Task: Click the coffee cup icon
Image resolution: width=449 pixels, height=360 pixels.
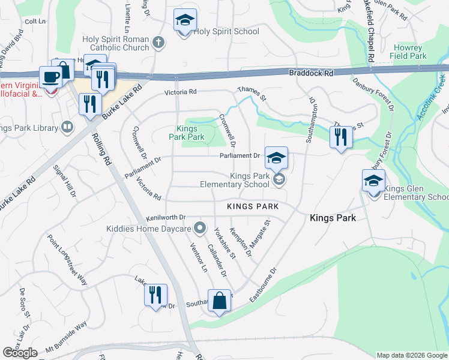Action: (x=50, y=77)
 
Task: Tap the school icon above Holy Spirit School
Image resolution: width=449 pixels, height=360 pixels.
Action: (x=185, y=20)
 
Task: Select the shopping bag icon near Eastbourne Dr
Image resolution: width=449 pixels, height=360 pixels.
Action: (x=219, y=301)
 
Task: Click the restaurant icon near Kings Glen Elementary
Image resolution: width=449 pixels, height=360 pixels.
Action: (x=341, y=137)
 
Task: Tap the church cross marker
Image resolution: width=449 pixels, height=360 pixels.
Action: (x=158, y=42)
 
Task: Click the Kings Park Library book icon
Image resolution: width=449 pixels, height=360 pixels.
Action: (x=67, y=127)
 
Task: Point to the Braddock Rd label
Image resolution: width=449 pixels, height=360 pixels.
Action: (x=310, y=72)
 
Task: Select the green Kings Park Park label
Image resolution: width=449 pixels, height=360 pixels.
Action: (x=190, y=133)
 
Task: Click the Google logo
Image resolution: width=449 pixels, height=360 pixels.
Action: (x=20, y=353)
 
